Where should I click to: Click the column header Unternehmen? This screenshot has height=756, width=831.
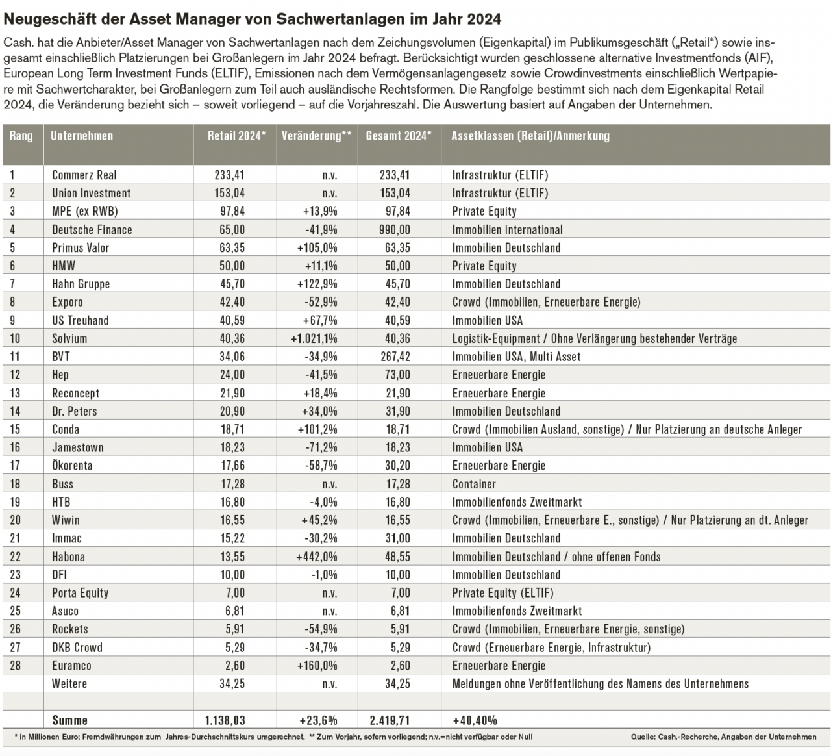click(x=82, y=136)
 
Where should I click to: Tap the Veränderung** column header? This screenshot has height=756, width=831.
click(x=316, y=136)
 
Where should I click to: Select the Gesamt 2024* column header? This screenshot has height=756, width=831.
click(x=399, y=136)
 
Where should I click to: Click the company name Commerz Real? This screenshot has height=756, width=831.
click(x=84, y=175)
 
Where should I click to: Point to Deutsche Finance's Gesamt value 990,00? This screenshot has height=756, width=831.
click(x=394, y=230)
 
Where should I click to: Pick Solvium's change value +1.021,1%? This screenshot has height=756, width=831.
click(x=314, y=338)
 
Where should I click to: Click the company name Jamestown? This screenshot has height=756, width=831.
click(x=78, y=447)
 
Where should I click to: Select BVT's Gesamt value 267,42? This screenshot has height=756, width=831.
click(x=395, y=357)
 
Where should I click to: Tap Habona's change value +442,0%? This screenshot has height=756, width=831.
click(x=316, y=557)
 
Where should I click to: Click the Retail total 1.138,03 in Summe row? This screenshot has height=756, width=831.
click(x=225, y=720)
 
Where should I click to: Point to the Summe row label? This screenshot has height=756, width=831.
click(x=69, y=720)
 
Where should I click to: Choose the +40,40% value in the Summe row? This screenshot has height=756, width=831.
click(x=475, y=720)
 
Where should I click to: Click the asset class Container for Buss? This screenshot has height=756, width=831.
click(x=474, y=484)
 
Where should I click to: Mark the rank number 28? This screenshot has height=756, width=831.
click(x=16, y=666)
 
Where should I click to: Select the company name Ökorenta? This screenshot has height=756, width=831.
click(x=72, y=465)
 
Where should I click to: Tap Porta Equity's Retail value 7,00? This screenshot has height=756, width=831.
click(x=235, y=593)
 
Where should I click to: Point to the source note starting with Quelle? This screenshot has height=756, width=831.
click(x=724, y=737)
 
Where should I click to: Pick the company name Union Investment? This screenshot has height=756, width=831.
click(x=91, y=193)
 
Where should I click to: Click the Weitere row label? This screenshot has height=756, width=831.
click(x=69, y=684)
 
